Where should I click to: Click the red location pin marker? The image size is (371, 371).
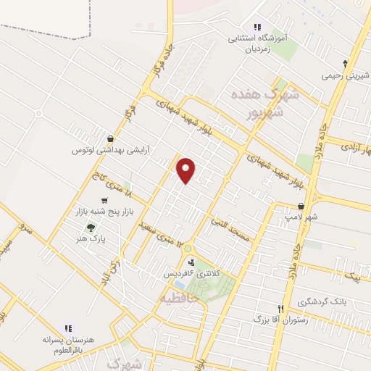point(187,170)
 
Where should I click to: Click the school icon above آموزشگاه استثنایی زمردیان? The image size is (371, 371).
point(257,27)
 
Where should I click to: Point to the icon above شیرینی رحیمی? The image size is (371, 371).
point(345,63)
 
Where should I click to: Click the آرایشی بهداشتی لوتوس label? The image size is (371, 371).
point(109,150)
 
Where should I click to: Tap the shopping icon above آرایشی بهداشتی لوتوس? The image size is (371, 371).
point(109,138)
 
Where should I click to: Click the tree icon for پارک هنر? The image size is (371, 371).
point(90,227)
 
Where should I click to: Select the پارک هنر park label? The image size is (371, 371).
point(92,238)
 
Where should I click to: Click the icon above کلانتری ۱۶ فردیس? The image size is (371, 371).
point(191,262)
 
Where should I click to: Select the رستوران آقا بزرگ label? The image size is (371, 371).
point(281,318)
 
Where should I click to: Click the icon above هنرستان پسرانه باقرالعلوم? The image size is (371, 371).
point(69,328)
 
